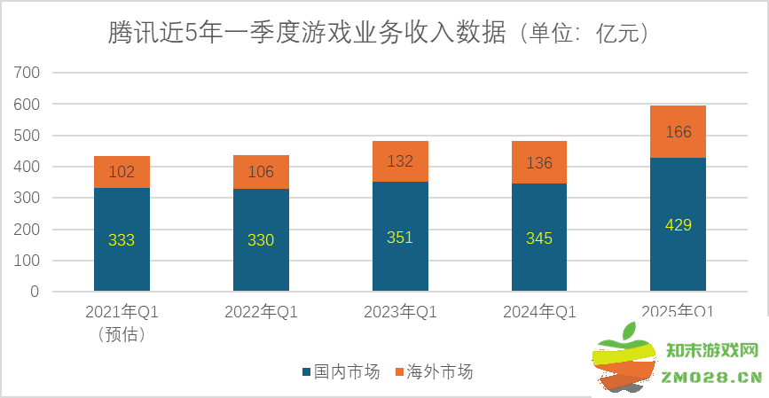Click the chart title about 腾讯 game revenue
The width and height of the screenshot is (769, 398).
point(383,34)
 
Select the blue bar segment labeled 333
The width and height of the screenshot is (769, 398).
point(122,239)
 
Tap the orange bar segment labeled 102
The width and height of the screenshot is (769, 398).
point(122,172)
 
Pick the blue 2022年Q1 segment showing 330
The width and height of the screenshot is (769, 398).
point(261,239)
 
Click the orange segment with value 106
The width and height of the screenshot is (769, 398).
point(261,172)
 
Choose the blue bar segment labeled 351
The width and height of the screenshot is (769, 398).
point(400,237)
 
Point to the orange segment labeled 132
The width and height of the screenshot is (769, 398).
point(400,161)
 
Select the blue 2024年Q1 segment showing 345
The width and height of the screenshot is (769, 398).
point(539,238)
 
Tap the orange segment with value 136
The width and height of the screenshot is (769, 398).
point(539,162)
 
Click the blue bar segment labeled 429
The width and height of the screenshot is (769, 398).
point(679,224)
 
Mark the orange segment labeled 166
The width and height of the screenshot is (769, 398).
point(679,132)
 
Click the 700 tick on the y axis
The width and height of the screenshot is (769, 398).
point(28,74)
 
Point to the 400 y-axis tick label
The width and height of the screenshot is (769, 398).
point(28,167)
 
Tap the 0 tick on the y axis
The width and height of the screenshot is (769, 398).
point(35,292)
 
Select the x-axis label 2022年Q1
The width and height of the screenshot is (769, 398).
point(261,312)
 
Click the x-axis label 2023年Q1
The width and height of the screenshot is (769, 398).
point(400,312)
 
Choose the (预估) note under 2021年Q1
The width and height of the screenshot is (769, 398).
point(122,334)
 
